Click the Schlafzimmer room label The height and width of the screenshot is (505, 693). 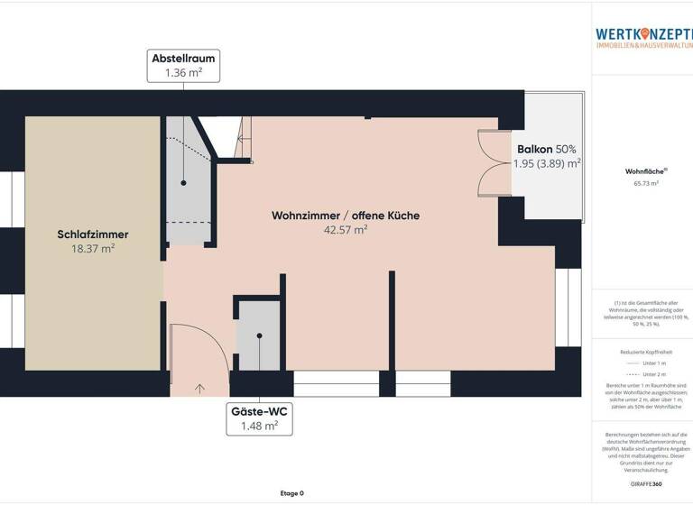coord(93,234)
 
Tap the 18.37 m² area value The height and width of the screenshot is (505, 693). coord(93,249)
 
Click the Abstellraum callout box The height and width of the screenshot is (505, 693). coord(183,65)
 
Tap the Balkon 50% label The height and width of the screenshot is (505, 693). coord(546,149)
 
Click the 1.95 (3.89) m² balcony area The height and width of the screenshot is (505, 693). coord(546,164)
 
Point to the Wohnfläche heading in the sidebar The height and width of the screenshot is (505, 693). coord(642,170)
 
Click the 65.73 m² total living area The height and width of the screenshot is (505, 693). coord(642,183)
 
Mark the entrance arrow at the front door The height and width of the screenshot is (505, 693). coord(199,388)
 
